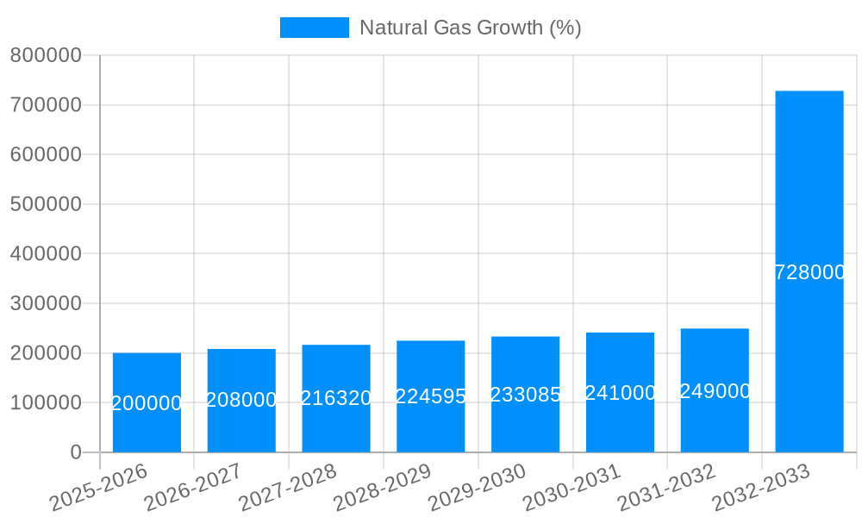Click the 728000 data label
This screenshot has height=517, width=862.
point(809,272)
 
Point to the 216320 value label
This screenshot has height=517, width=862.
point(336,398)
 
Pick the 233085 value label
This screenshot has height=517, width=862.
point(526,395)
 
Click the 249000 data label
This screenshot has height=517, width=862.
point(715,391)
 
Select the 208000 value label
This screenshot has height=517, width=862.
point(241,400)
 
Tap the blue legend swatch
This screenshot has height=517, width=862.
point(314,28)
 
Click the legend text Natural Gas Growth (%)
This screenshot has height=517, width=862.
point(470,28)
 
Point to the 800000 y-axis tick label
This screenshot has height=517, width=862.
point(46,55)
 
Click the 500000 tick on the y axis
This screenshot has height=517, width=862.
point(46,204)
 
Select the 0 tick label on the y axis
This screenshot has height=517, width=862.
point(75,452)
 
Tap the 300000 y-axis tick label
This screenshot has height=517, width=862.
point(46,303)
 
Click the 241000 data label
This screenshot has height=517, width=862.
point(620,393)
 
